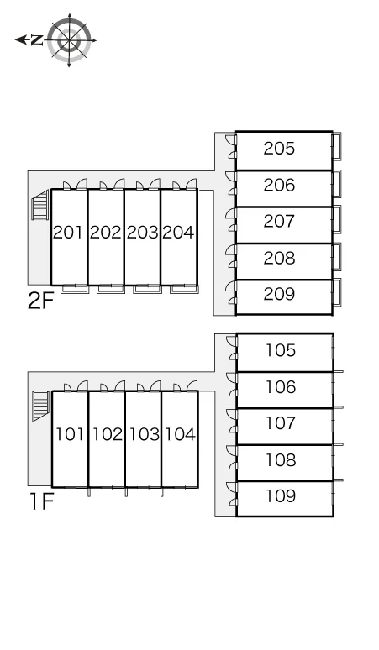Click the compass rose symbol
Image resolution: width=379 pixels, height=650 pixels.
click(x=69, y=40)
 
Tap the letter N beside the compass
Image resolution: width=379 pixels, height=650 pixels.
click(x=37, y=40)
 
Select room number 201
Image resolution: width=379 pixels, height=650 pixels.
click(x=68, y=232)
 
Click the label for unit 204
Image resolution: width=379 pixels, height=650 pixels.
click(x=178, y=232)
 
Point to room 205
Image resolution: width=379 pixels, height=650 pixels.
click(x=279, y=148)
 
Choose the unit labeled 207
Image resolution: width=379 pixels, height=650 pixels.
click(x=279, y=221)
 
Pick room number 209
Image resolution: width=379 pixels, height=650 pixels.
click(x=279, y=294)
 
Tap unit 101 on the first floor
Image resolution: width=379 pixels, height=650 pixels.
click(x=70, y=434)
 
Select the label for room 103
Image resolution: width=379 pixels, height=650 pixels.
click(x=144, y=434)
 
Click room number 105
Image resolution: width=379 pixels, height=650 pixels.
click(x=281, y=350)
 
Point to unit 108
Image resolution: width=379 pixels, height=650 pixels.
click(x=281, y=459)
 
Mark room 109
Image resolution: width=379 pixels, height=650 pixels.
click(x=281, y=495)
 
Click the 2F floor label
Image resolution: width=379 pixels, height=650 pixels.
click(x=40, y=301)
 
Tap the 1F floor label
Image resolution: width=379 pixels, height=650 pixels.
click(x=42, y=501)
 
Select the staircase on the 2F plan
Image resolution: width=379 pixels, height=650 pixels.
click(x=40, y=205)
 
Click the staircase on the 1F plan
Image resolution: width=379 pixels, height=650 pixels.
click(x=41, y=406)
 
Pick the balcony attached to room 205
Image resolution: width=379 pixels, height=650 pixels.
click(x=337, y=146)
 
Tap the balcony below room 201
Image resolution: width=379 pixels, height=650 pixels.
click(x=75, y=289)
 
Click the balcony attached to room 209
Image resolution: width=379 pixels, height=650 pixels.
click(x=337, y=292)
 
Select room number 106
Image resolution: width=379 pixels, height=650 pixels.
click(x=281, y=387)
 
